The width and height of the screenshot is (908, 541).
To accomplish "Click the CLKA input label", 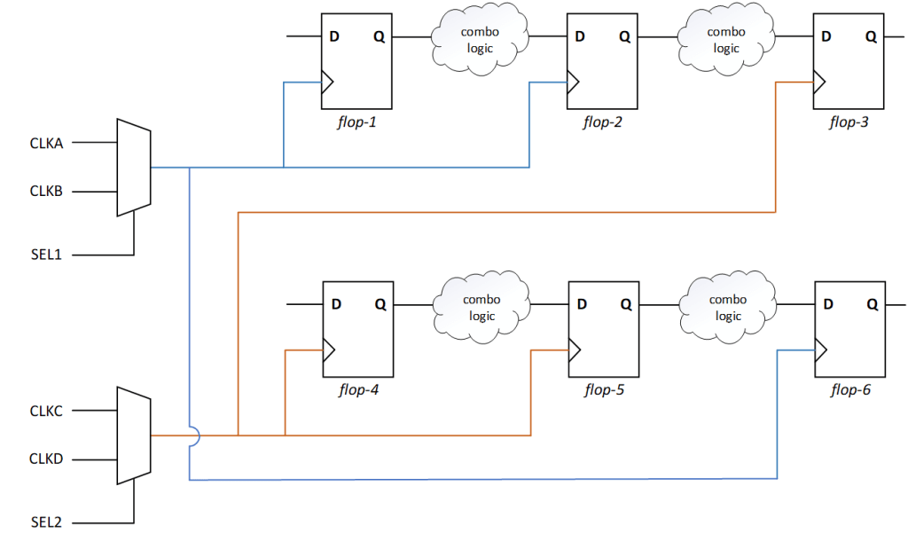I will (x=46, y=143).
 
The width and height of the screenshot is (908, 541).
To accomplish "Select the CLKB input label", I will (x=46, y=192).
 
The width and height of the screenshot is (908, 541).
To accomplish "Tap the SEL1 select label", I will (x=46, y=255).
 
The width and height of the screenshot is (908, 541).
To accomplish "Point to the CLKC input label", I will (x=46, y=412).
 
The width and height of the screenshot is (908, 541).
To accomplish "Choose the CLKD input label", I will (x=46, y=459).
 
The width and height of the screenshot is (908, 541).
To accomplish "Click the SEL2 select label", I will (x=46, y=522).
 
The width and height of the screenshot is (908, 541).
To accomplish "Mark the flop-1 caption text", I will (x=357, y=122).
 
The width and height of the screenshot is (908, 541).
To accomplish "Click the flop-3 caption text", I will (x=849, y=122).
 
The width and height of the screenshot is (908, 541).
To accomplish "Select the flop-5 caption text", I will (x=604, y=389).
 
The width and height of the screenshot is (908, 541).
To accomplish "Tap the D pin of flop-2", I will (x=580, y=37).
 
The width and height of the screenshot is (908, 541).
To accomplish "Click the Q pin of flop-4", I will (x=380, y=304).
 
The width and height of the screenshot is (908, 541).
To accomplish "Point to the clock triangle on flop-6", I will (x=820, y=350).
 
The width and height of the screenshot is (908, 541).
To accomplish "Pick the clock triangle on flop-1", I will (x=327, y=82).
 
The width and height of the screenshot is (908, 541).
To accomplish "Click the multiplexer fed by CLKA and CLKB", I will (x=134, y=167).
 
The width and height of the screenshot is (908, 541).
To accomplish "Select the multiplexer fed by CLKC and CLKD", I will (x=134, y=435).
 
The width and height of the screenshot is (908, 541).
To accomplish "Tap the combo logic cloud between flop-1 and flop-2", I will (x=480, y=40).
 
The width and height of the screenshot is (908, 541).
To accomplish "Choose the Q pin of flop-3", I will (x=871, y=37).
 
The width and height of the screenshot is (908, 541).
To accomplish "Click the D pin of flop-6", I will (x=827, y=304).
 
